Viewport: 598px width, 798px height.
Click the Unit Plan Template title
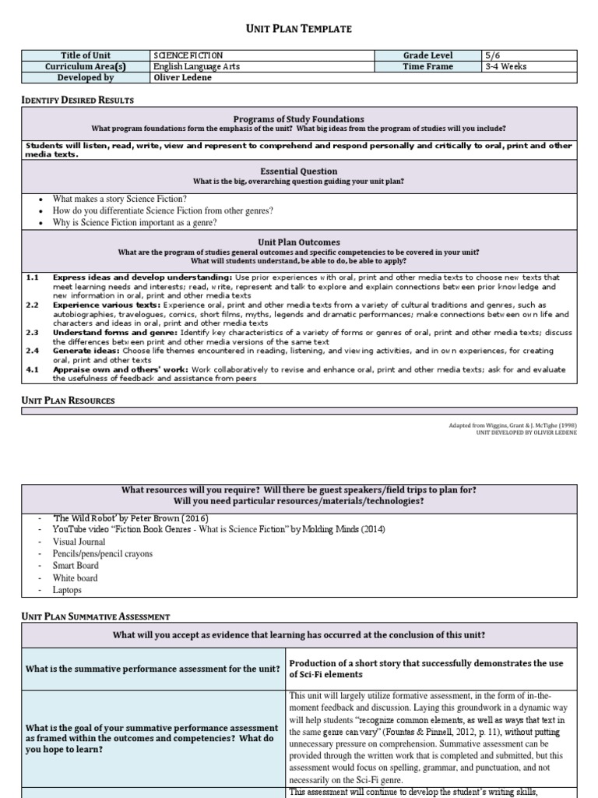pyautogui.click(x=299, y=29)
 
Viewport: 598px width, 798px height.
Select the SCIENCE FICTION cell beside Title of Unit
pyautogui.click(x=189, y=55)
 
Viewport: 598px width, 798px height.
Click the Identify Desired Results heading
pyautogui.click(x=76, y=100)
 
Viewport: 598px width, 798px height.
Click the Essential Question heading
pyautogui.click(x=299, y=171)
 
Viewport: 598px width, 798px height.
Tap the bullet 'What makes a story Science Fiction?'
pyautogui.click(x=120, y=199)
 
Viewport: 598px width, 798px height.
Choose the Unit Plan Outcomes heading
pyautogui.click(x=299, y=242)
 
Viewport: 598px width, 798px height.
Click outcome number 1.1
pyautogui.click(x=32, y=277)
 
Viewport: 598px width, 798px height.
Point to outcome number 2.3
pyautogui.click(x=32, y=332)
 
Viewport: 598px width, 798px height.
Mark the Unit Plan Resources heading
pyautogui.click(x=68, y=400)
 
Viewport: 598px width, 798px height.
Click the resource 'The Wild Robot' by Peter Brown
pyautogui.click(x=130, y=518)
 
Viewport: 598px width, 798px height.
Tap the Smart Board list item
pyautogui.click(x=77, y=566)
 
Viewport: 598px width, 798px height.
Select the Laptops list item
pyautogui.click(x=67, y=591)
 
